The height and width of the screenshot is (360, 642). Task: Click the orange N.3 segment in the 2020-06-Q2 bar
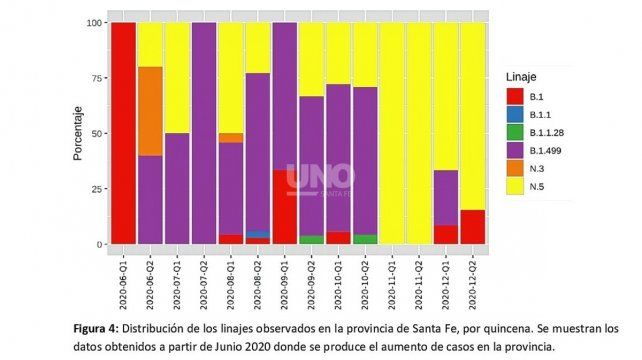(x=150, y=111)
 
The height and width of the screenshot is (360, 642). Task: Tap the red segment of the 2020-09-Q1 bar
(x=284, y=207)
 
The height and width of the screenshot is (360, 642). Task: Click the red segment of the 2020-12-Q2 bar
(x=472, y=227)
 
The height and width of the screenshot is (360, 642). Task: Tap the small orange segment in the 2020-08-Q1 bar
(x=231, y=138)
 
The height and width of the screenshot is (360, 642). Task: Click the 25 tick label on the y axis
(x=95, y=189)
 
